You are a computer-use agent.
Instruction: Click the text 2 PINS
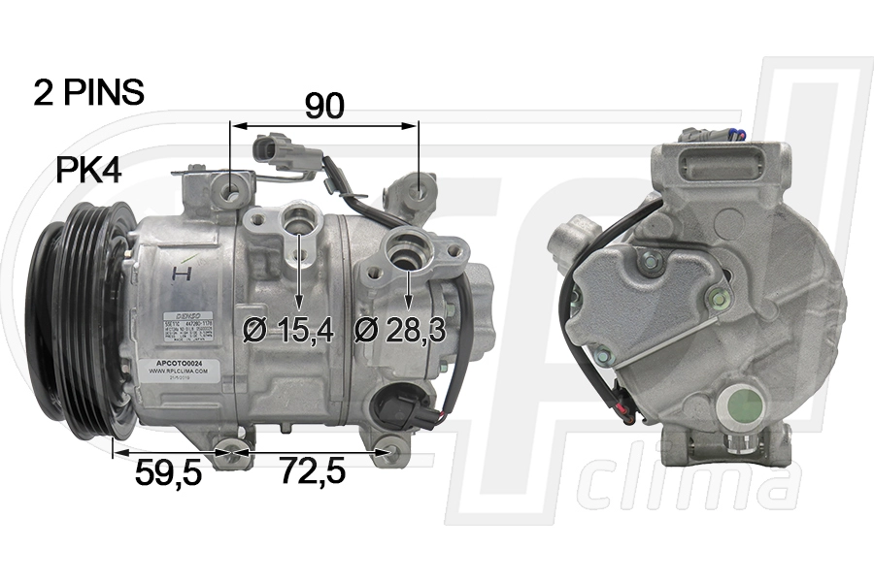point(88,92)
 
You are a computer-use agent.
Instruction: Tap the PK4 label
point(87,171)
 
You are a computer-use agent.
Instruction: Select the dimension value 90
point(324,106)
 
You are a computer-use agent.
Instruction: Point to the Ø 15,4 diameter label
point(288,330)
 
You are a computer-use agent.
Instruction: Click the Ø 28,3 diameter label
point(399,330)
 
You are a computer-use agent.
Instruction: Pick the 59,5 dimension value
point(167,472)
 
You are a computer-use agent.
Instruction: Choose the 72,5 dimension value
point(313,472)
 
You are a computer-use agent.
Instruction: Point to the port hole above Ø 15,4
point(297,220)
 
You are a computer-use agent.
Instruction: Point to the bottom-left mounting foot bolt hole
point(231,452)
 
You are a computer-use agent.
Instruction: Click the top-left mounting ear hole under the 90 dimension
point(230,192)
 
